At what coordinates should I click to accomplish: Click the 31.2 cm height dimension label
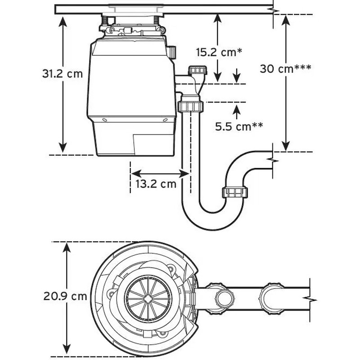63,74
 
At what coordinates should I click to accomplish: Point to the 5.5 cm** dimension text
238,126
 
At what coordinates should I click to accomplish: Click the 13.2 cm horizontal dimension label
156,184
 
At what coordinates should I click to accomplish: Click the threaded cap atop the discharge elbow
197,70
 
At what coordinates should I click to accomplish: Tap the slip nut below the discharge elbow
191,107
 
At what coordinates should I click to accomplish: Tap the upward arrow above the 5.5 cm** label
237,108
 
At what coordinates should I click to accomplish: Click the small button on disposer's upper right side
172,52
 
